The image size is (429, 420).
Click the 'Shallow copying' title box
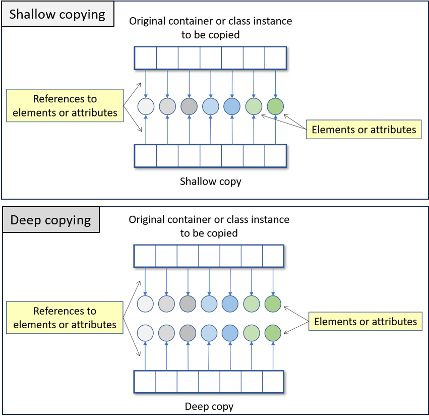point(57,14)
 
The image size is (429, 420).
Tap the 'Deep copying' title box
point(50,220)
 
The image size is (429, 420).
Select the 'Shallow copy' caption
point(210,182)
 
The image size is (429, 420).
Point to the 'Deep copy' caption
point(209,406)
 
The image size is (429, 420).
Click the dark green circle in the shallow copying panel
point(275,106)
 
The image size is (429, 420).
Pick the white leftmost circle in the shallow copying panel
point(146,106)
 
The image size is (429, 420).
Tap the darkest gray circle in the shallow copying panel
point(189,106)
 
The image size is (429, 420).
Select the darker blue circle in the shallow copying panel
point(232,106)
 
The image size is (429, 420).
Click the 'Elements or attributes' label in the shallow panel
point(364,130)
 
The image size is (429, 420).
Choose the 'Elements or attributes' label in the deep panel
point(365,321)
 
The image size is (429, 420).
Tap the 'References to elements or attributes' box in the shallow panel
point(65,106)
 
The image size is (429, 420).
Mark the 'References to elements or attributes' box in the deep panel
point(65,318)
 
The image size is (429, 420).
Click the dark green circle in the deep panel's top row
point(273,304)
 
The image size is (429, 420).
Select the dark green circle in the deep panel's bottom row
point(273,333)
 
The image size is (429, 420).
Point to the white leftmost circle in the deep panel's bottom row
point(145,333)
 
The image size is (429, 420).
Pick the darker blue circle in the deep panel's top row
point(230,304)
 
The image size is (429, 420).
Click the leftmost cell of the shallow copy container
point(145,156)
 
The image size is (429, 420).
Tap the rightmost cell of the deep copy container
point(273,382)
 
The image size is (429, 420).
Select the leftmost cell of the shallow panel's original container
point(145,58)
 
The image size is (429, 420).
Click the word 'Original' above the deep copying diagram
point(147,220)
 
